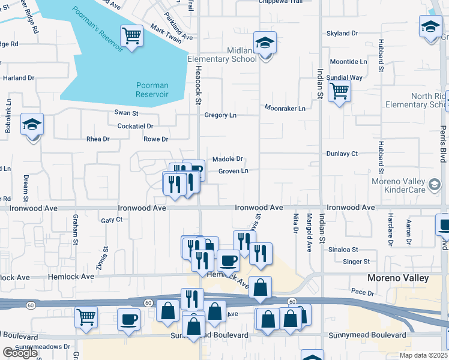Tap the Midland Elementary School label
point(225,55)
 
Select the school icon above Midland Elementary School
point(264,43)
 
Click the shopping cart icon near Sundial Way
point(339,92)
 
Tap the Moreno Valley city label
point(398,278)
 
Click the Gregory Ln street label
point(220,115)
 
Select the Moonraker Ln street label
point(285,108)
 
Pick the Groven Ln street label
point(233,171)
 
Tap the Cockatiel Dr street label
point(136,127)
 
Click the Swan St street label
point(127,113)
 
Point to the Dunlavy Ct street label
point(342,154)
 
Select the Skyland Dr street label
point(342,34)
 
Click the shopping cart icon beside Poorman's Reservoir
point(131,36)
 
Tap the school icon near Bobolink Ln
point(32,125)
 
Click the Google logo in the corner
point(20,352)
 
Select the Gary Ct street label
point(112,220)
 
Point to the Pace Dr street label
point(363,292)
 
